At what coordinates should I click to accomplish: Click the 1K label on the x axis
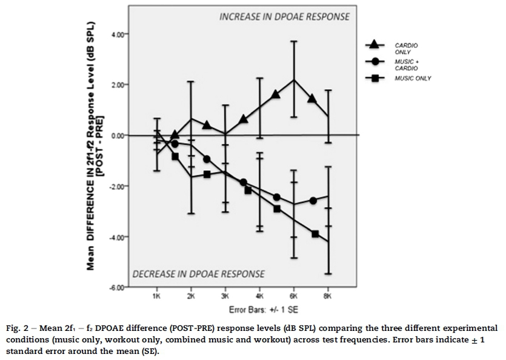[x=157, y=297]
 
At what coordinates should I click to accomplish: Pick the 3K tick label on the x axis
[x=225, y=297]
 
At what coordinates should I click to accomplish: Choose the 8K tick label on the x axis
[x=328, y=297]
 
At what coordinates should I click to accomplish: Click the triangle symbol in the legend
[x=374, y=44]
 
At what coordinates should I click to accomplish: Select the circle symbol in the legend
[x=374, y=62]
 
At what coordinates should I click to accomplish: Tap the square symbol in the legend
[x=374, y=78]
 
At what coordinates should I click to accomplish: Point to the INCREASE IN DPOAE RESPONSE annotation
[x=284, y=17]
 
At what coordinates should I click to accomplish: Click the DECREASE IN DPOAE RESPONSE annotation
[x=199, y=273]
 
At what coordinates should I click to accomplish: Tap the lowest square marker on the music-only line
[x=315, y=233]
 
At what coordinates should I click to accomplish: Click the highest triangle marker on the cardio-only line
[x=276, y=95]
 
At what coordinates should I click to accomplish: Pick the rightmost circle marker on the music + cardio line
[x=313, y=201]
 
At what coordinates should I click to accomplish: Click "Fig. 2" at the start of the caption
[x=21, y=329]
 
